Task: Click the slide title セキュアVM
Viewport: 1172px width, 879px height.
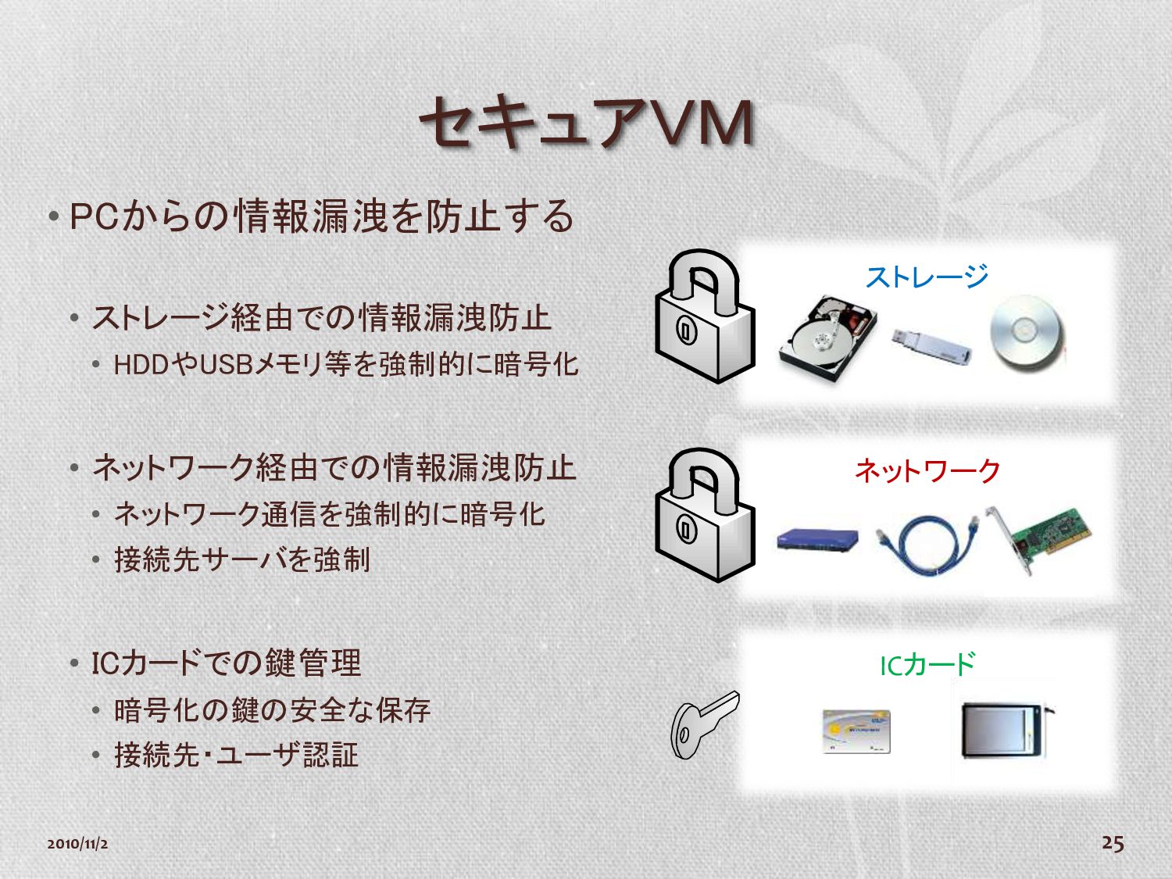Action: (586, 123)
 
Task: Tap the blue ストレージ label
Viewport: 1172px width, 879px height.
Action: (927, 276)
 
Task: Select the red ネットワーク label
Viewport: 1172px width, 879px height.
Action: (927, 470)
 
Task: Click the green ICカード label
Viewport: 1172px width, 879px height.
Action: (927, 665)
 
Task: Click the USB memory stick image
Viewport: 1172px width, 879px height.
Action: (931, 345)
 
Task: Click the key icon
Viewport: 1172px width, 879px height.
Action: (701, 723)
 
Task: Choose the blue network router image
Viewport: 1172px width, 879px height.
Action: (817, 540)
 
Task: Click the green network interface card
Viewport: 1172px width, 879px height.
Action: (1044, 540)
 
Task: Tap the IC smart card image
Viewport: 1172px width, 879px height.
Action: (856, 731)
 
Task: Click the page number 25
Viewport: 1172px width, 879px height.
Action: (1113, 842)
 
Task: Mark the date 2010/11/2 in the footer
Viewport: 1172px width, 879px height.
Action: (77, 844)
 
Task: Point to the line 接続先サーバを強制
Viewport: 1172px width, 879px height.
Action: (242, 559)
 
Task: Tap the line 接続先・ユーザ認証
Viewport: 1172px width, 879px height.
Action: (236, 755)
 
